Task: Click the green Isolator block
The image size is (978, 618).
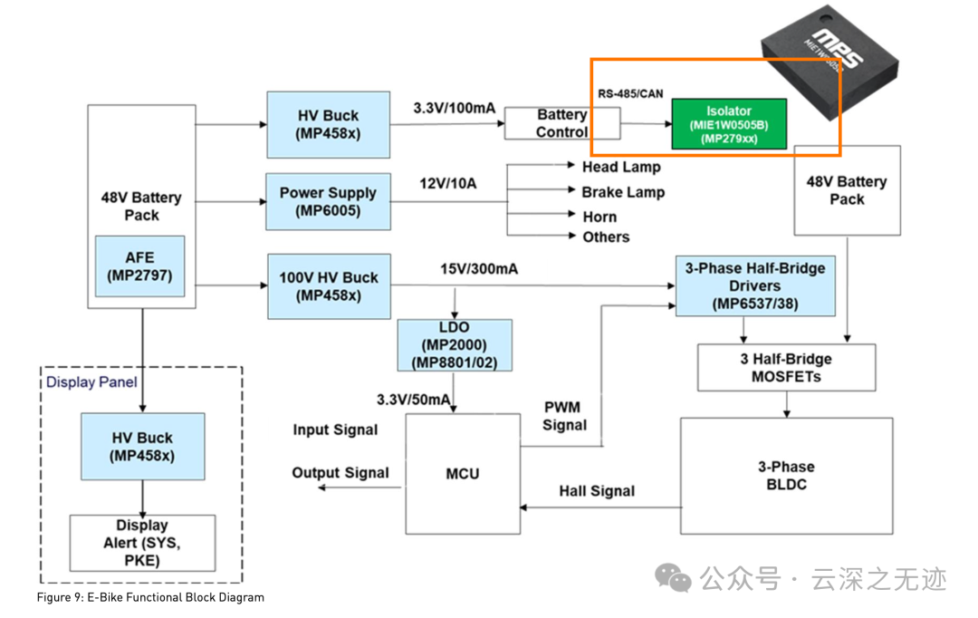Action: point(728,124)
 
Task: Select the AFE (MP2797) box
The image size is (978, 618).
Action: point(139,266)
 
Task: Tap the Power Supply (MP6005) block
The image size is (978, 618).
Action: point(328,201)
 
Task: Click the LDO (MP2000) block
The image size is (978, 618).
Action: point(454,344)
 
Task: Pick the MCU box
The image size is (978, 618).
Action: point(462,473)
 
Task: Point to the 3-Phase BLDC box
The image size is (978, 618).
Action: point(785,475)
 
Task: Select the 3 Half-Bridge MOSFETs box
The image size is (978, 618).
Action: point(785,367)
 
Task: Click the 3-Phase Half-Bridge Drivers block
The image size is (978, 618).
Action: point(755,285)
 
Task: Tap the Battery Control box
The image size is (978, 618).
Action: point(561,123)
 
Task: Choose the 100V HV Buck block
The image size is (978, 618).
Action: point(328,286)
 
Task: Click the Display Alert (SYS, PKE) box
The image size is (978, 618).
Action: point(142,543)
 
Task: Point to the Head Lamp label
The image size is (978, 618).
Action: point(621,167)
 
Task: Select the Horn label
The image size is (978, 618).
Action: point(599,217)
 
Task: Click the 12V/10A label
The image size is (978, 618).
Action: point(447,184)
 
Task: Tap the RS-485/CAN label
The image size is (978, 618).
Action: point(629,93)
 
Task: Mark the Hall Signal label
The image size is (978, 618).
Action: point(597,491)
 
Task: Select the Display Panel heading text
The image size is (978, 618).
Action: point(91,381)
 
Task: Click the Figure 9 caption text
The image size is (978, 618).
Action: point(150,597)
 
